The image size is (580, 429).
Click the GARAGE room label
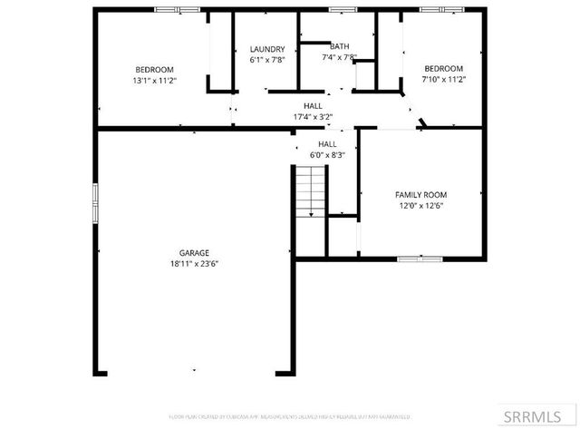click(194, 253)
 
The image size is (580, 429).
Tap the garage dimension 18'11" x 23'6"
click(194, 264)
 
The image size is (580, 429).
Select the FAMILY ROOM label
click(420, 195)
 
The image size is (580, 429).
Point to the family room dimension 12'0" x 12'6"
click(420, 206)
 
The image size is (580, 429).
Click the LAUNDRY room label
click(267, 50)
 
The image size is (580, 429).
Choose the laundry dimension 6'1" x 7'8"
click(267, 60)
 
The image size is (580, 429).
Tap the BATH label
click(339, 46)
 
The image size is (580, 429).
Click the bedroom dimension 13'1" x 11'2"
click(154, 81)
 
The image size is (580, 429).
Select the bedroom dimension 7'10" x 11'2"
click(444, 80)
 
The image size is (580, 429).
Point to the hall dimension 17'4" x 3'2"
click(313, 117)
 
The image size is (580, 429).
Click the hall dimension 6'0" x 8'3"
click(327, 155)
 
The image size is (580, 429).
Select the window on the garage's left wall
click(94, 202)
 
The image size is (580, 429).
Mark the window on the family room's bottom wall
click(420, 259)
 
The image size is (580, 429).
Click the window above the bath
click(342, 9)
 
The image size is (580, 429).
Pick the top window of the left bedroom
click(178, 9)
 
